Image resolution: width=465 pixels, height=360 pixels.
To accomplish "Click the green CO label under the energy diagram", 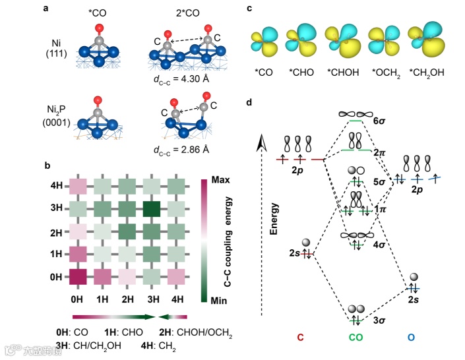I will (x=356, y=338).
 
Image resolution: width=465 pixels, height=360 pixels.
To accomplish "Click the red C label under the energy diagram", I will (x=300, y=338).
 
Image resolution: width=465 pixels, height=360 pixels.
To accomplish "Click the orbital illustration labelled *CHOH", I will (x=342, y=39).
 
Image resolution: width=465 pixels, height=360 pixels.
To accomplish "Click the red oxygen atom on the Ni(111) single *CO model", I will (x=99, y=28).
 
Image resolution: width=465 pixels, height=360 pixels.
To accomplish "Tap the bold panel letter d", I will (x=248, y=102).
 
